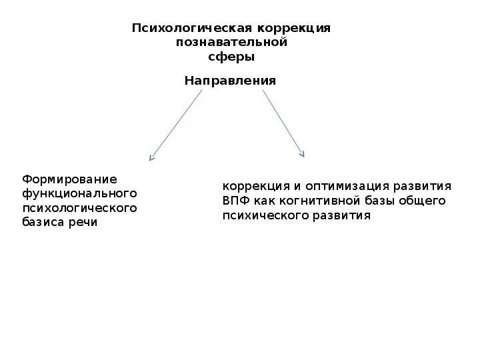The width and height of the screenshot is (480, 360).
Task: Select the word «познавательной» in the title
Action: click(x=231, y=43)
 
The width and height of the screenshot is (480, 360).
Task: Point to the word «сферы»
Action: click(x=231, y=57)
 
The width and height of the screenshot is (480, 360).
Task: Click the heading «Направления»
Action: click(x=230, y=81)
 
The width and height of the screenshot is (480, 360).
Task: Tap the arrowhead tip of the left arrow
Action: click(x=151, y=160)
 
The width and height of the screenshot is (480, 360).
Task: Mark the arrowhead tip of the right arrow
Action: click(x=303, y=156)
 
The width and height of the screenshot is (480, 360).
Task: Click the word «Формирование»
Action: click(x=69, y=179)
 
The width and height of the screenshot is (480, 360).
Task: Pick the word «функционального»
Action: click(x=79, y=193)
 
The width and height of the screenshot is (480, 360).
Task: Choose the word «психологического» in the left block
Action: click(x=79, y=208)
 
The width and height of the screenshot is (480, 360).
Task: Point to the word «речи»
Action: click(x=83, y=223)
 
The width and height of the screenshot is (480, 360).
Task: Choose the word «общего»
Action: click(x=422, y=201)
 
